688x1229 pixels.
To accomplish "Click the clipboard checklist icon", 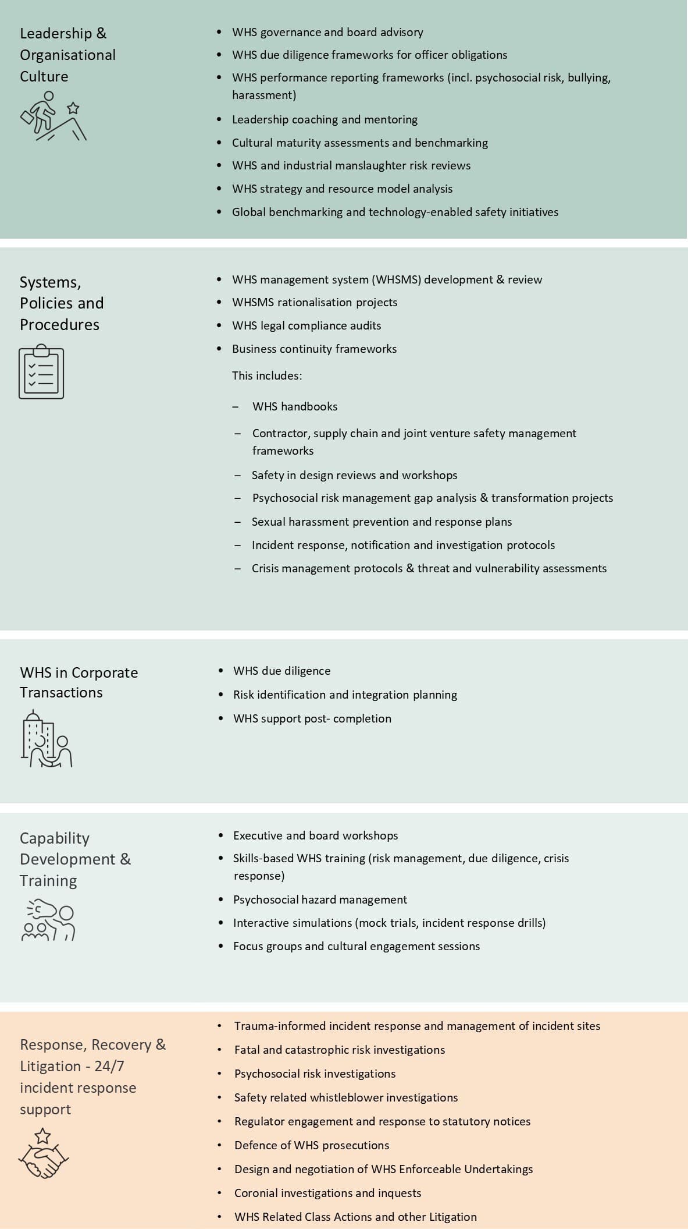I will (x=41, y=371).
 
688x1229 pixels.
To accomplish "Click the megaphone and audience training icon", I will (x=48, y=920).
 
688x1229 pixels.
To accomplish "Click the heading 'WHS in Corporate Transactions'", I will (x=79, y=682).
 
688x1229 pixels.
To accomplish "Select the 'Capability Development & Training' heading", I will (x=75, y=859).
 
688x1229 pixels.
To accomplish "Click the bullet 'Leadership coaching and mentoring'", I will (x=325, y=119).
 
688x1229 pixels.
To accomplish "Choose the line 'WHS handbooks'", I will (x=295, y=406).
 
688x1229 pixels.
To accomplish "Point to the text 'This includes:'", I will (x=267, y=376).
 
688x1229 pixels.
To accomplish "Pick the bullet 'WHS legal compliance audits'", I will (x=306, y=325).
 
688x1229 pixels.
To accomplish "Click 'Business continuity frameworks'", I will (x=314, y=349).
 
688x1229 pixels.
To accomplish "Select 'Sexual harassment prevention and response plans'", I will (x=382, y=522).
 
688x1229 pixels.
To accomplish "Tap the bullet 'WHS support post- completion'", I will (x=312, y=718).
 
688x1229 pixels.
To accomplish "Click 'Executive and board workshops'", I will (x=315, y=835).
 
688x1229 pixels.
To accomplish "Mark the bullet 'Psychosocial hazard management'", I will (x=320, y=899).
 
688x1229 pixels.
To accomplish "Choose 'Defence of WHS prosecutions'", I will (x=312, y=1145).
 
